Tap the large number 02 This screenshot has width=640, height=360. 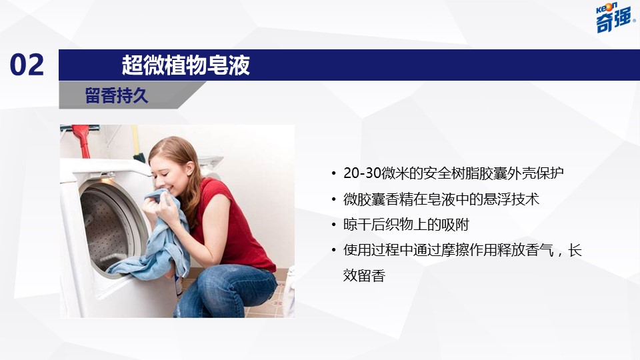27,65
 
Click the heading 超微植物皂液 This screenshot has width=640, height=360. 186,65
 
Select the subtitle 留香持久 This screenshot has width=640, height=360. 116,95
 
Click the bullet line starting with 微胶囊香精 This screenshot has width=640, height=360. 441,199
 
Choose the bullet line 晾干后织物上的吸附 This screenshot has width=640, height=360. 406,225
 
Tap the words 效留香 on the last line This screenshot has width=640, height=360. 364,275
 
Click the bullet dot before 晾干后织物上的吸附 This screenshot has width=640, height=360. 334,225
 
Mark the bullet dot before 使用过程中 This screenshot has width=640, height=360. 334,250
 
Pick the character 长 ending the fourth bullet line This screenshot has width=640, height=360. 575,250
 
